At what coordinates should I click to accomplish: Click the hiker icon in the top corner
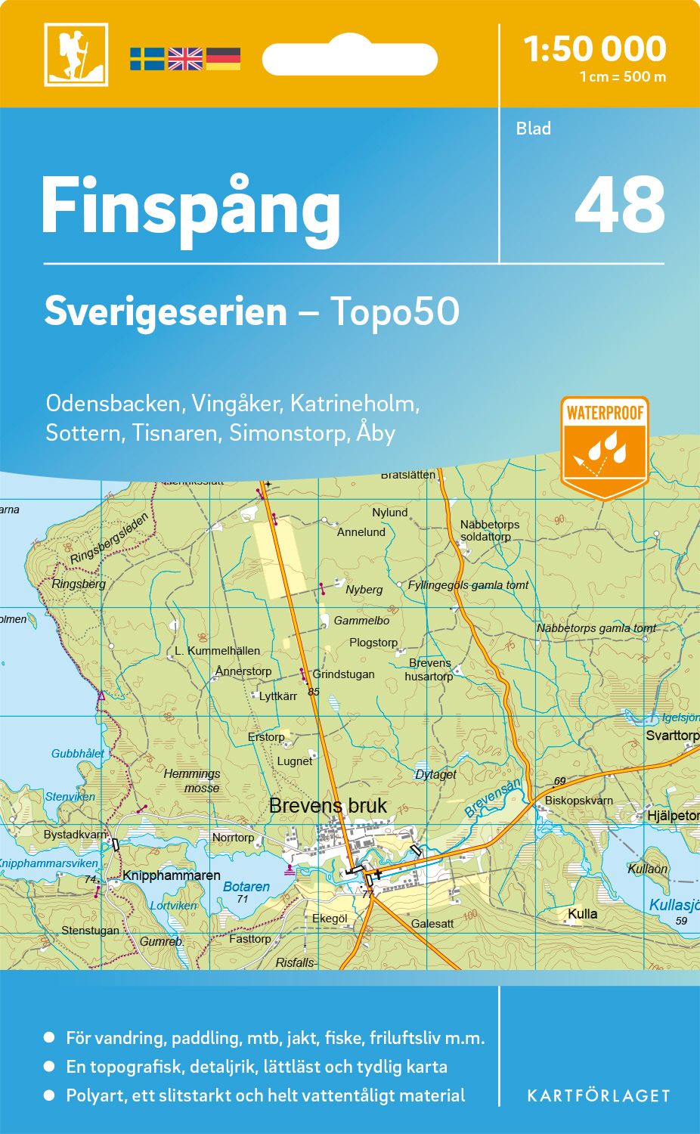point(76,54)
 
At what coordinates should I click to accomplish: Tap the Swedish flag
point(147,59)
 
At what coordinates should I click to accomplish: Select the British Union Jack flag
point(185,59)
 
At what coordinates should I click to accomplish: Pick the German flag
point(223,59)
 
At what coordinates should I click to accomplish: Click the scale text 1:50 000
point(595,49)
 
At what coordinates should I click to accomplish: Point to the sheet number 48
point(620,205)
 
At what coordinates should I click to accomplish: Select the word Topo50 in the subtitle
point(395,311)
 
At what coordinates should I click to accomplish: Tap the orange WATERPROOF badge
point(605,446)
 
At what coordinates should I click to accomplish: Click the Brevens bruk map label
point(328,806)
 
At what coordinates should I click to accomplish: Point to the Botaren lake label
point(246,887)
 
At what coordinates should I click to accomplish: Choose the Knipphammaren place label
point(172,875)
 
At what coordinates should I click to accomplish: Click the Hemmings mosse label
point(192,781)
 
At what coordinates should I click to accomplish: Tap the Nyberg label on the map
point(364,590)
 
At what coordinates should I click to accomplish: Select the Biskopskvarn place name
point(579,801)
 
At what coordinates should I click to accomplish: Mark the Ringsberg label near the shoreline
point(79,584)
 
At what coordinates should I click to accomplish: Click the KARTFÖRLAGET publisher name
point(599,1095)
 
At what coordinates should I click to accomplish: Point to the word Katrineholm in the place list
point(354,404)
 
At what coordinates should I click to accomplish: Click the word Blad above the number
point(534,129)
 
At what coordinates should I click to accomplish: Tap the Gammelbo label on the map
point(362,621)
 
